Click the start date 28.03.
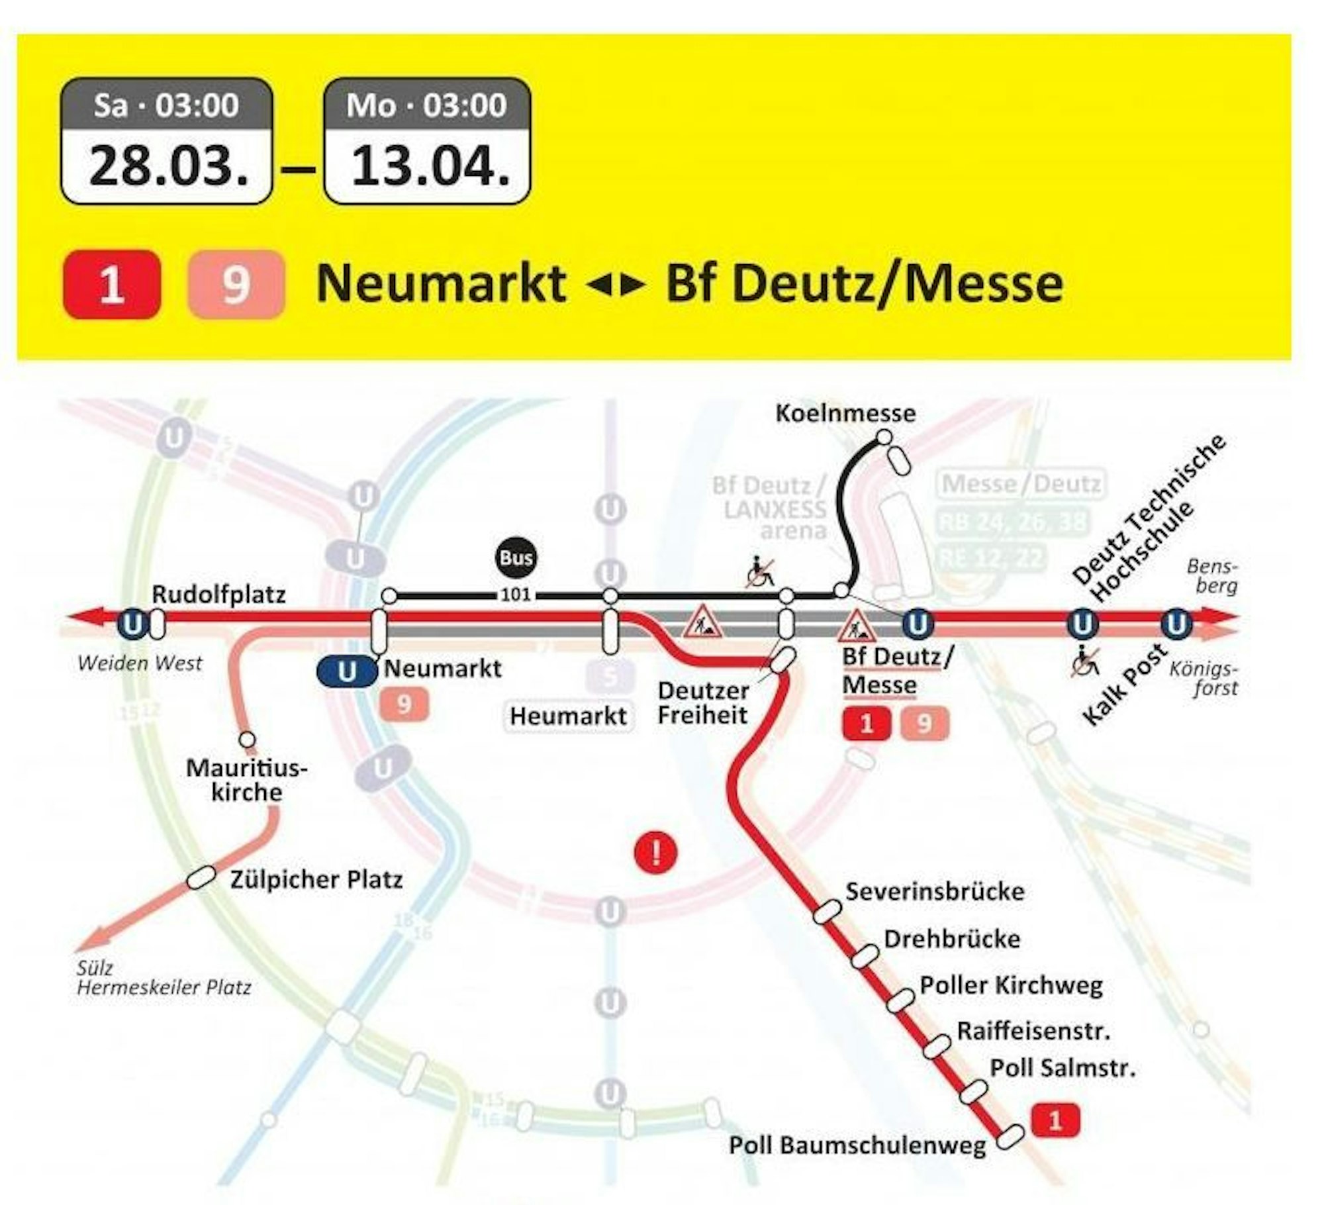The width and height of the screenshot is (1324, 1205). coord(167,166)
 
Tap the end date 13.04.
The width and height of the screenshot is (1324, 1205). coord(428,166)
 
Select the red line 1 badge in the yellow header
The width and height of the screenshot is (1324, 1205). coord(111,285)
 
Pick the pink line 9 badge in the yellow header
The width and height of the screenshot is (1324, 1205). coord(236,285)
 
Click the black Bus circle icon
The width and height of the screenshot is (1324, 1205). coord(516,558)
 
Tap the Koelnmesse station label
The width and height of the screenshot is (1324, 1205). coord(845,414)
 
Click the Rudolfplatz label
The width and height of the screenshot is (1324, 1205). coord(218,594)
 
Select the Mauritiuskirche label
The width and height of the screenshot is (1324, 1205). coord(247,781)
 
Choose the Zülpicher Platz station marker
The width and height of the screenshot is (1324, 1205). coord(202,879)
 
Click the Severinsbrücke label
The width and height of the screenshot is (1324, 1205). coord(935,891)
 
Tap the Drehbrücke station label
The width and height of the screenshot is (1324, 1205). coord(951,939)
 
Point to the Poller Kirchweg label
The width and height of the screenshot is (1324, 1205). coord(1011,985)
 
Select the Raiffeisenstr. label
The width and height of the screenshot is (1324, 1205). coord(1033,1031)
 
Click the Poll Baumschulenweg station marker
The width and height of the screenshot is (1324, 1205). coord(1010,1136)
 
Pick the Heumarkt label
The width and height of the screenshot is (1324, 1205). coord(568,716)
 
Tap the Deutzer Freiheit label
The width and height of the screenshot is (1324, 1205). coord(703,702)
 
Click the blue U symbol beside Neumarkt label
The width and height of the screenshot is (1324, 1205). coord(346,671)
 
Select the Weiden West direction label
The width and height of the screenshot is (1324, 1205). coord(140,663)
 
